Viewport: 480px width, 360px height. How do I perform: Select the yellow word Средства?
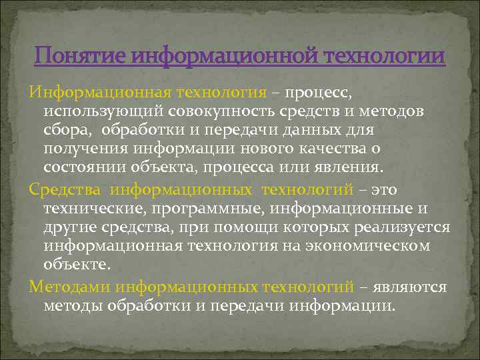coord(64,191)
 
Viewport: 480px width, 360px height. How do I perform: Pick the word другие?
coord(70,227)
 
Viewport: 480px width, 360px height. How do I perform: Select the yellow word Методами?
coord(69,287)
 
